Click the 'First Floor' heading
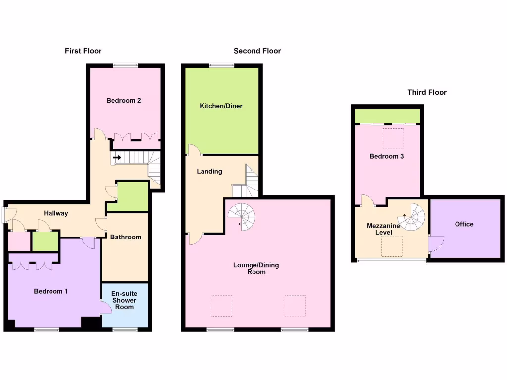(83, 51)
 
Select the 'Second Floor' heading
(257, 51)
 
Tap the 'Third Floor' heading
(427, 92)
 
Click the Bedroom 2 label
(124, 101)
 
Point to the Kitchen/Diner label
(221, 106)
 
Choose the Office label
(464, 224)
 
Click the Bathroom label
(125, 237)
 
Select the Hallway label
(55, 213)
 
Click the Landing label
(209, 172)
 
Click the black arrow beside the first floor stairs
(117, 158)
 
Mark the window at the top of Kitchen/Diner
(221, 65)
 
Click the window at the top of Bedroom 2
(125, 65)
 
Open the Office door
(436, 244)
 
